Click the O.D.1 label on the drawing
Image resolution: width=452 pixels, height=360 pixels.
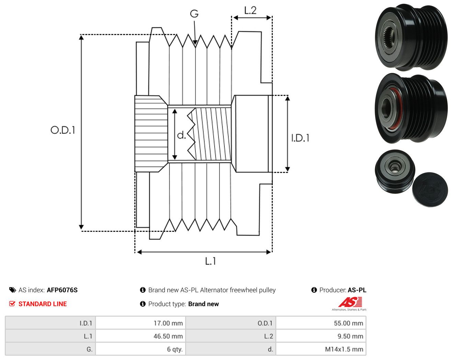(63, 130)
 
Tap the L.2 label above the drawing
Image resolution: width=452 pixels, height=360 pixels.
(250, 10)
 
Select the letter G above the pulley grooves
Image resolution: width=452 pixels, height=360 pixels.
(194, 14)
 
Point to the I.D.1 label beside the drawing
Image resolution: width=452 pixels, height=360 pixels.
(300, 138)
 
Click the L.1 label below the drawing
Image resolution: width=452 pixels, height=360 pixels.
(210, 261)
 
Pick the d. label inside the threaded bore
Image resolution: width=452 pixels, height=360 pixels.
(181, 135)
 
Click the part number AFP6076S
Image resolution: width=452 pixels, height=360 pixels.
(62, 290)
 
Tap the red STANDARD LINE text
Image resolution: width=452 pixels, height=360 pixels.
(43, 304)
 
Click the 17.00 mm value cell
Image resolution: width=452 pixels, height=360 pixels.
(140, 323)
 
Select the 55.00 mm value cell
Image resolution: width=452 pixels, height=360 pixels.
(321, 323)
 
